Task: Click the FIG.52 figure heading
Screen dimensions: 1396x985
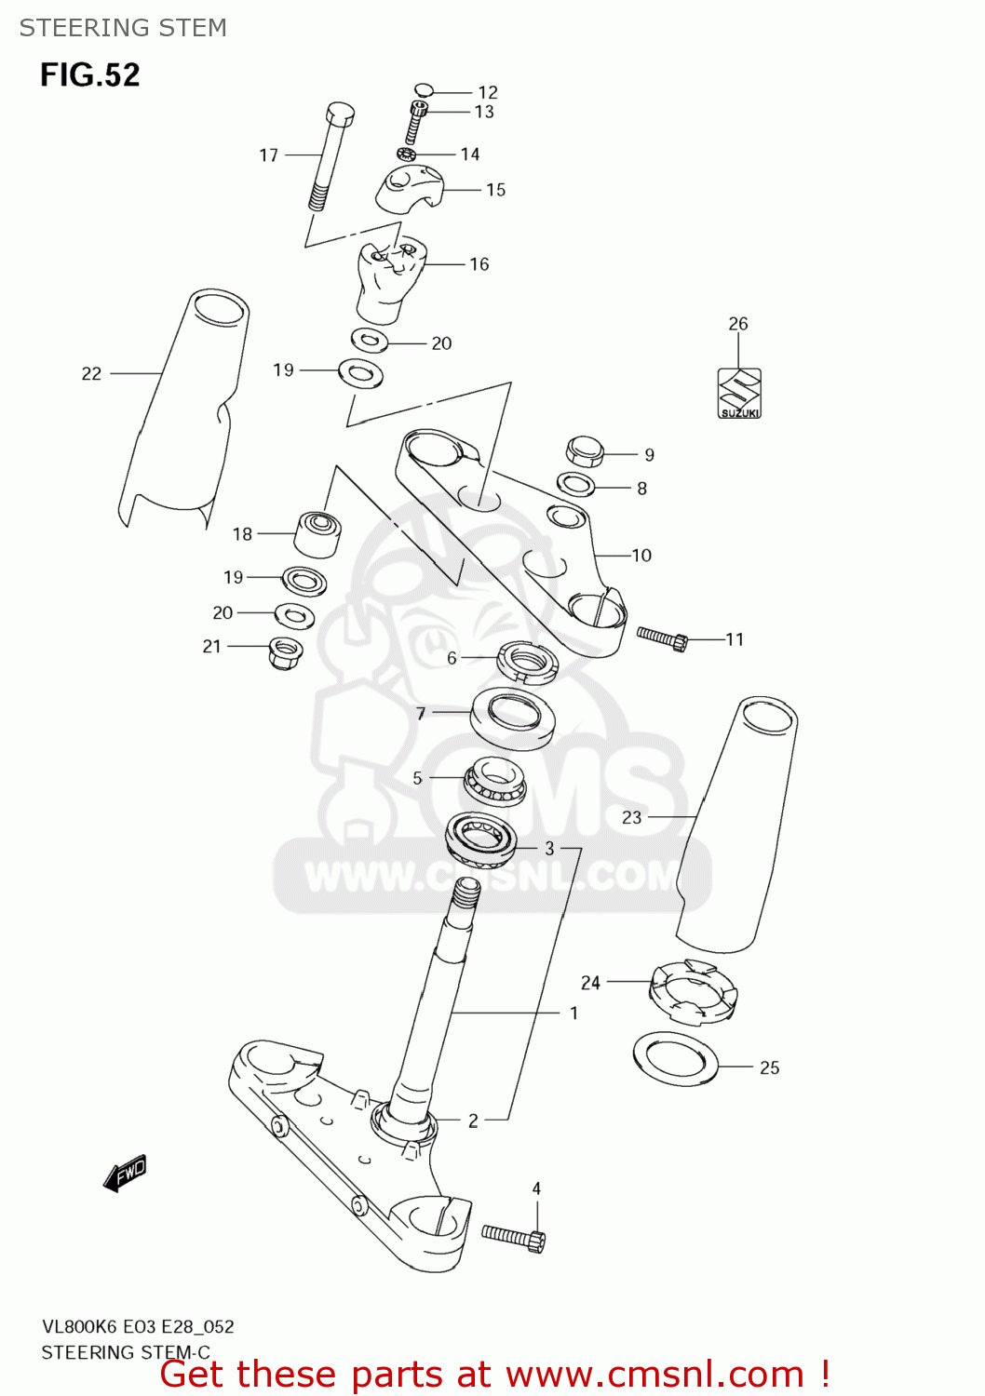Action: pos(89,74)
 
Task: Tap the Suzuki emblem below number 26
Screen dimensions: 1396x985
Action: pos(739,393)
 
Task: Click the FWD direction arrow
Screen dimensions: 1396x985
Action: pos(125,1173)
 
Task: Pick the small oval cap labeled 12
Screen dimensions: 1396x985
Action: pos(424,90)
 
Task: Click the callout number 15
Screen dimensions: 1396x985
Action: pos(495,190)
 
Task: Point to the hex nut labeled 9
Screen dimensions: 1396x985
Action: pos(585,451)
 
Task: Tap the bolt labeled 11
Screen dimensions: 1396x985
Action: pos(661,638)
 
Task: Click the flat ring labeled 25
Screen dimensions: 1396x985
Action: pos(676,1058)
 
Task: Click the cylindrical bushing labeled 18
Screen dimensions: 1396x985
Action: pos(317,533)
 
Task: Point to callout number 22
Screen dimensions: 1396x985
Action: pos(91,374)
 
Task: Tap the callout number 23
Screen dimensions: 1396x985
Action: pos(632,817)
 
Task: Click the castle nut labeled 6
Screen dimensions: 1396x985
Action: pos(527,661)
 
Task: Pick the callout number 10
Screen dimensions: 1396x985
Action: pos(641,556)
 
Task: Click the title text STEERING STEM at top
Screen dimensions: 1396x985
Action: pos(123,28)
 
